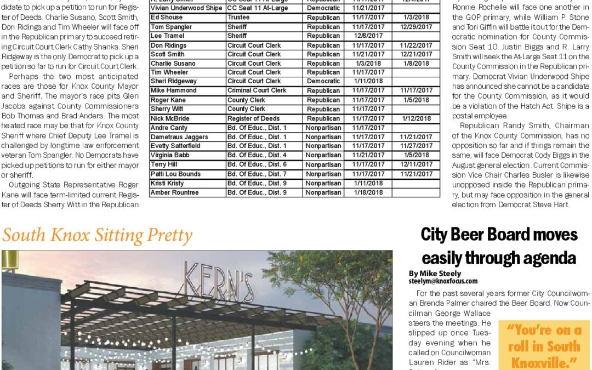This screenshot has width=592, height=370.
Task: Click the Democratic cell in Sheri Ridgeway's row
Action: [x=323, y=81]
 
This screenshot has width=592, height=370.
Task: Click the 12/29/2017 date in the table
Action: [x=416, y=27]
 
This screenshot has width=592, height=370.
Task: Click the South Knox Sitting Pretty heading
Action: [x=98, y=236]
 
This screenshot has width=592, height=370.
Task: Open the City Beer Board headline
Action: [x=499, y=246]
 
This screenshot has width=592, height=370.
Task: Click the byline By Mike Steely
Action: [x=435, y=274]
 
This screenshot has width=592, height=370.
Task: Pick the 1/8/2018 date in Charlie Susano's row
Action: [x=416, y=64]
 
